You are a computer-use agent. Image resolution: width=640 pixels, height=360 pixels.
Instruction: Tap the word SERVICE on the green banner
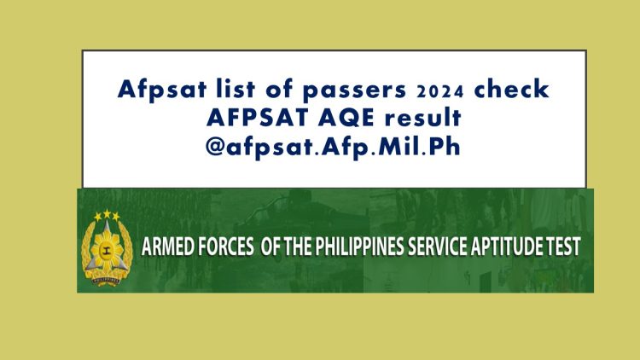pyautogui.click(x=455, y=247)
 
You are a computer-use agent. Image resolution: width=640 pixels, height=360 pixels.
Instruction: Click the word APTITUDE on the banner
pyautogui.click(x=524, y=247)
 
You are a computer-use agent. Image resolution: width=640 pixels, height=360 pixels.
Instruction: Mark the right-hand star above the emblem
pyautogui.click(x=116, y=217)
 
